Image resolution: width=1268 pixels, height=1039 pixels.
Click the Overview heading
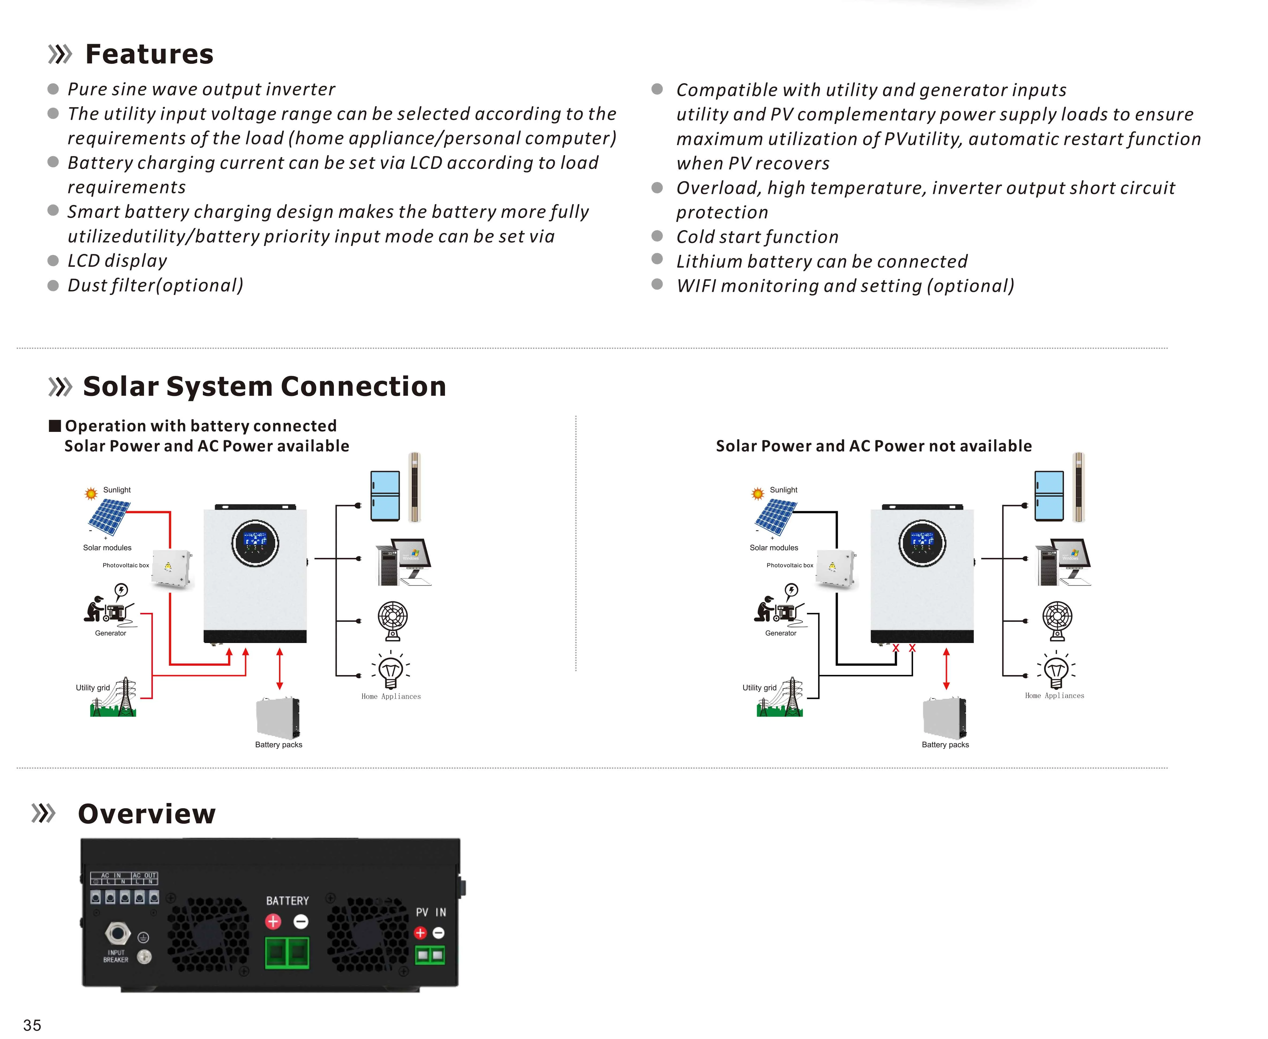147,814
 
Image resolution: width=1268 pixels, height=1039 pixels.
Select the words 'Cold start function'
757,237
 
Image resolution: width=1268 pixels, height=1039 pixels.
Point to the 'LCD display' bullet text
117,261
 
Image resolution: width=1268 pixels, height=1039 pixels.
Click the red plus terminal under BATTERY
273,922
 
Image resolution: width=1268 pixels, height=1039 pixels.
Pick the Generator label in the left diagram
110,633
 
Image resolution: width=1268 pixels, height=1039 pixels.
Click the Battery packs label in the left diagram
278,745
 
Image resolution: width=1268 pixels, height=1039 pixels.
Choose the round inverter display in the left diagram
255,543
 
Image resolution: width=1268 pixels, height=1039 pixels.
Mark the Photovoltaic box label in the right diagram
790,565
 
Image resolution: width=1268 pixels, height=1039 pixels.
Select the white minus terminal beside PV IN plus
439,933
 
